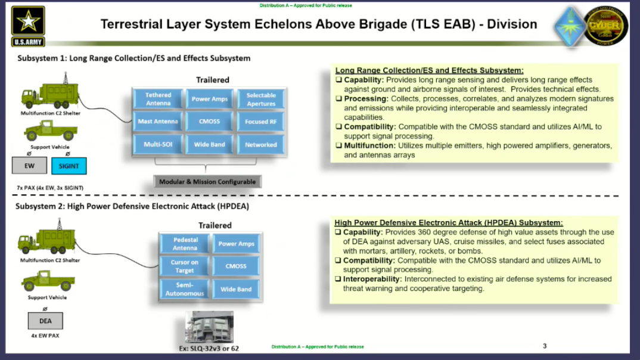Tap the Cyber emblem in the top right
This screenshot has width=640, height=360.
[605, 25]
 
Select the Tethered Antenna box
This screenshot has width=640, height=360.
[158, 99]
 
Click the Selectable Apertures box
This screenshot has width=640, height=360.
[261, 99]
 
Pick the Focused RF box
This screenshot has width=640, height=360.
[261, 122]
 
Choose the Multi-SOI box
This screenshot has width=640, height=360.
[158, 144]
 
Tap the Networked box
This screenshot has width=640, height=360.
[261, 144]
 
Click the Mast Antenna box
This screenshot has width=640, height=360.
[158, 122]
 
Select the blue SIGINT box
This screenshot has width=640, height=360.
[69, 166]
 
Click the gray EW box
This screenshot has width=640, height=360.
[29, 166]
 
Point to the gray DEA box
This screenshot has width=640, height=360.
[45, 321]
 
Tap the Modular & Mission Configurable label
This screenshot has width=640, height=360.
[207, 182]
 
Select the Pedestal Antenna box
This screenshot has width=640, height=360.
[185, 244]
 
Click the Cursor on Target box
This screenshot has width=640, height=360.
[185, 266]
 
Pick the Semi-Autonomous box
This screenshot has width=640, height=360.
[185, 289]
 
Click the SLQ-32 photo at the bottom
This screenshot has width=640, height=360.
[209, 327]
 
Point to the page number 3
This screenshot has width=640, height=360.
[545, 346]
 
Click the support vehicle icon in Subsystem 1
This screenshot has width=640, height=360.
[50, 130]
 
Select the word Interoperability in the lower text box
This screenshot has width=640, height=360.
[372, 279]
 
